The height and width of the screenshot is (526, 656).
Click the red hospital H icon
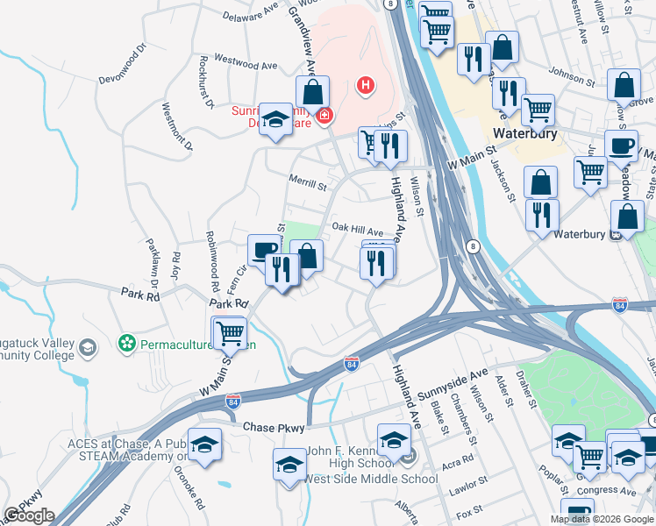366,85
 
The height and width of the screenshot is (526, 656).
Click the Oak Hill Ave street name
357,227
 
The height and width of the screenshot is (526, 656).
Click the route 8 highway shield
472,245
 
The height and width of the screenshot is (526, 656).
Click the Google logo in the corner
29,515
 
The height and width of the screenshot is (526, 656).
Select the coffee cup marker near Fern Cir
262,251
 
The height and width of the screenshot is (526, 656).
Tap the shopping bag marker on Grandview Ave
311,90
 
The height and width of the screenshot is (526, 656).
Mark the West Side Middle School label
369,480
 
